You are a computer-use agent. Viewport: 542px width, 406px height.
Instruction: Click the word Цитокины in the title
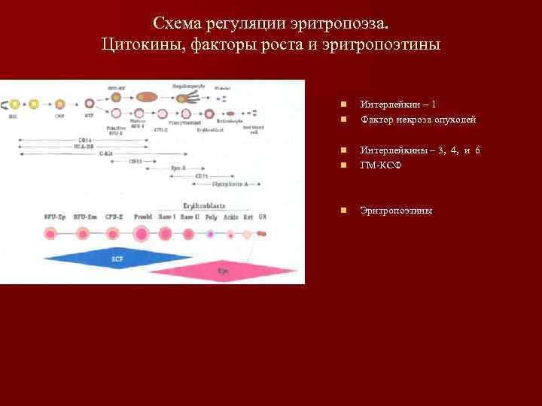point(136,44)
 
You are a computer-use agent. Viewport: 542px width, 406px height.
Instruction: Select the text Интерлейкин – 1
point(397,105)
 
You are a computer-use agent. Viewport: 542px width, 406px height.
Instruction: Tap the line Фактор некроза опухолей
point(418,119)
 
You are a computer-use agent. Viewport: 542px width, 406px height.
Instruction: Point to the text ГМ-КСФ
point(381,165)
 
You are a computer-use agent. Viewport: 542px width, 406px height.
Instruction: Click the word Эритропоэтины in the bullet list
point(396,211)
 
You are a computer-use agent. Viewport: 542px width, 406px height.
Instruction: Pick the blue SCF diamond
point(117,258)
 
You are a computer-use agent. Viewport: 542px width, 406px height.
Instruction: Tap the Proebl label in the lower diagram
point(143,217)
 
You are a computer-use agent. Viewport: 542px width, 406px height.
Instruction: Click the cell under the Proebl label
point(142,235)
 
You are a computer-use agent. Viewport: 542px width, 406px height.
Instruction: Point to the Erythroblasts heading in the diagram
point(205,206)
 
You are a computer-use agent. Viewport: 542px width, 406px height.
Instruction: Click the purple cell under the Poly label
point(212,235)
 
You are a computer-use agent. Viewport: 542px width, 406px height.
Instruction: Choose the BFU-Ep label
point(54,217)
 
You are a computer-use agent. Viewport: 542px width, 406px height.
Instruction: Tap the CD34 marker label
point(85,140)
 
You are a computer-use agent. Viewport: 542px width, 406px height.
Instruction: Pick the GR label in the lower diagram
point(262,217)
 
